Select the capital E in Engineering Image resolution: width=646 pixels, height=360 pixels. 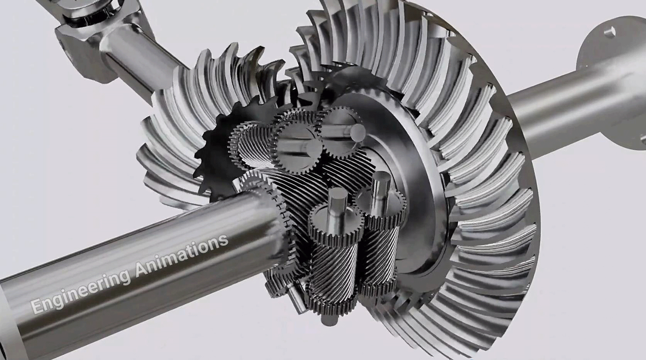pos(36,307)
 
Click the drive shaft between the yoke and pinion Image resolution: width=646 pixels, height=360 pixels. pos(144,63)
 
